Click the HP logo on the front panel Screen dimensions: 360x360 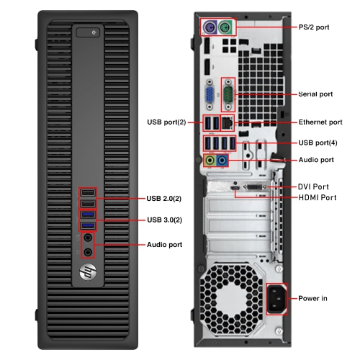click(x=88, y=274)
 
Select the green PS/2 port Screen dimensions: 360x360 click(x=225, y=28)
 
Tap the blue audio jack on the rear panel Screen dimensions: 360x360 click(x=222, y=160)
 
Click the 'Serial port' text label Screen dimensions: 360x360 click(x=316, y=94)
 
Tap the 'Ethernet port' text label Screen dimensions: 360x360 click(x=320, y=122)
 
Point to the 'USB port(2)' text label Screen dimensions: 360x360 click(x=166, y=122)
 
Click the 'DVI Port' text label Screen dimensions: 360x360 click(x=313, y=186)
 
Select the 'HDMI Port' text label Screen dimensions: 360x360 click(x=317, y=197)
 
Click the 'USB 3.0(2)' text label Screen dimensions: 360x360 click(x=164, y=219)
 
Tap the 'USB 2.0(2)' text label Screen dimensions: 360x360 click(x=164, y=198)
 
